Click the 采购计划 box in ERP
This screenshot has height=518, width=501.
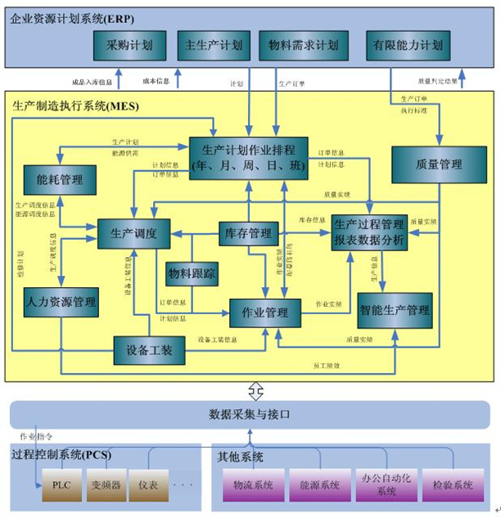[x=123, y=45]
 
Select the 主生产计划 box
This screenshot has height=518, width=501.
[x=214, y=45]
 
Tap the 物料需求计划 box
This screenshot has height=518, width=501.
[x=303, y=45]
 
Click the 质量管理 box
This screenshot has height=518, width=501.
[x=439, y=164]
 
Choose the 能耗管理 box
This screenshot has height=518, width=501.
[x=53, y=178]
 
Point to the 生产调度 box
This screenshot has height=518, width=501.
[x=133, y=234]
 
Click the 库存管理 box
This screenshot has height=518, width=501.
[x=248, y=234]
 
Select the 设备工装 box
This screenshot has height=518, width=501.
[x=148, y=349]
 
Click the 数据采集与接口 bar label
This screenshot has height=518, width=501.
[x=250, y=415]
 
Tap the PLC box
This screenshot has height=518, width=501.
[x=61, y=484]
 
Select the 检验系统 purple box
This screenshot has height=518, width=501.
[x=452, y=484]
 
